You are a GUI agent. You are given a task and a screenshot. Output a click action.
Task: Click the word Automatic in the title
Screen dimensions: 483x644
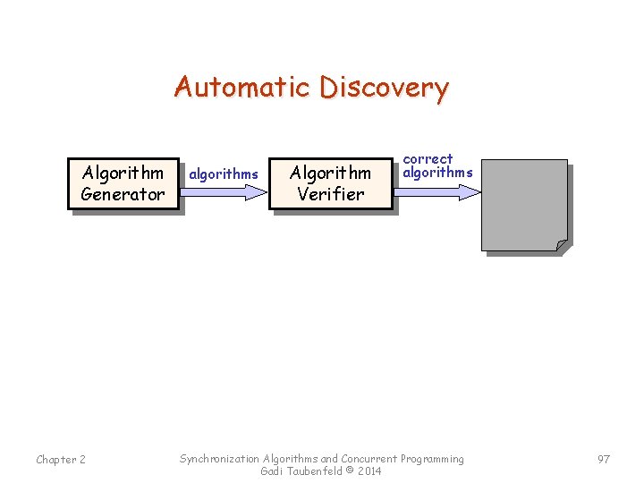(x=243, y=88)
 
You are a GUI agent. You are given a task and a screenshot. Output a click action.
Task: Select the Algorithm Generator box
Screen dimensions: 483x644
(x=123, y=183)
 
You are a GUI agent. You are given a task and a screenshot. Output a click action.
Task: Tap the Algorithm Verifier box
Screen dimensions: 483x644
(x=330, y=183)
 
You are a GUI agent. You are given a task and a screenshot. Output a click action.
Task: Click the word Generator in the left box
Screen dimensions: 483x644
(x=123, y=194)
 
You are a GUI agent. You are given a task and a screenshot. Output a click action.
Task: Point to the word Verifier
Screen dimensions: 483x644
(x=330, y=194)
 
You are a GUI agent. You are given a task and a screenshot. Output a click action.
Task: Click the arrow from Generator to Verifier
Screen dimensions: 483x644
(x=224, y=191)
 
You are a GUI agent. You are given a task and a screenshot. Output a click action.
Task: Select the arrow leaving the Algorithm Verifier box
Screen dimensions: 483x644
(x=438, y=191)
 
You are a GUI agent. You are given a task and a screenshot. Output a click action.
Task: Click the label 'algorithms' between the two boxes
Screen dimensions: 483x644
(x=224, y=174)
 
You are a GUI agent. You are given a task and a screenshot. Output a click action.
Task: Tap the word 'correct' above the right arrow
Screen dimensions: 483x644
(x=428, y=159)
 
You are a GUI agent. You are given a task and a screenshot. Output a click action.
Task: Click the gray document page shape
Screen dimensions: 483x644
(x=523, y=204)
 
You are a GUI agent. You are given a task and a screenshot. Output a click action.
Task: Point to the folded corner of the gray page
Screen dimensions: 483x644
(x=561, y=244)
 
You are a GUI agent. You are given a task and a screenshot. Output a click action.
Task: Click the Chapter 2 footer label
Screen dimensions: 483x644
(x=61, y=460)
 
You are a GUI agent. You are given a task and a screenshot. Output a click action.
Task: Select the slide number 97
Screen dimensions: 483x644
(x=604, y=459)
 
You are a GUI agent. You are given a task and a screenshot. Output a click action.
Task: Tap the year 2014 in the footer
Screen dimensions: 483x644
(x=368, y=471)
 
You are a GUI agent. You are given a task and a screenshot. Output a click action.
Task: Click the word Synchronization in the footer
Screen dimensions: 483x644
(x=220, y=459)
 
